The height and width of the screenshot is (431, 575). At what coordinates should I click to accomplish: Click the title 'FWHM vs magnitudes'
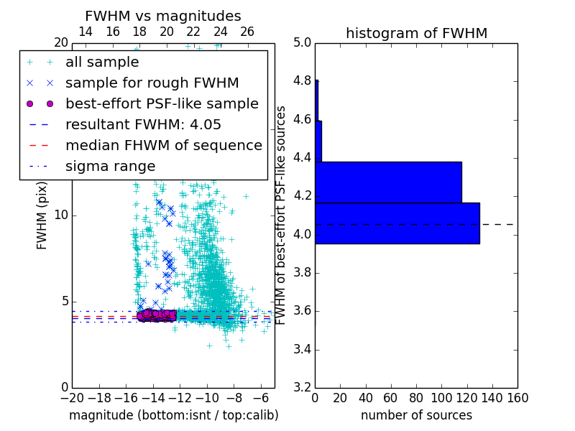[x=163, y=16]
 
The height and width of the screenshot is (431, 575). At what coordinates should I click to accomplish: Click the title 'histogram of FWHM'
[x=416, y=33]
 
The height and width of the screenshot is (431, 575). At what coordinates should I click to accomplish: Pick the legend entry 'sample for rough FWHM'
[x=152, y=83]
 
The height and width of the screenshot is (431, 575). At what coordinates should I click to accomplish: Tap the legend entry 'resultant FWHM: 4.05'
[x=143, y=125]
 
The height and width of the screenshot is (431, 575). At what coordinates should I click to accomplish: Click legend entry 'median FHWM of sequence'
[x=163, y=146]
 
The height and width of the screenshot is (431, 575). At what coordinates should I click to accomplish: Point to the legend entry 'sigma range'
[x=110, y=167]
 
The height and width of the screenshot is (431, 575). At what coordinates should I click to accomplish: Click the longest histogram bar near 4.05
[x=397, y=223]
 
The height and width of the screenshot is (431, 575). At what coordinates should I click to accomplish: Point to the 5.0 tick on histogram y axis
[x=303, y=42]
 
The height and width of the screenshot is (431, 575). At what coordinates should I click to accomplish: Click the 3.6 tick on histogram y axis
[x=303, y=311]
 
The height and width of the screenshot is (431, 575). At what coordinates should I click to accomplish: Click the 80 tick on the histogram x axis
[x=416, y=397]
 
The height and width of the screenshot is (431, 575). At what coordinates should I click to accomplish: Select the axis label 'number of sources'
[x=416, y=415]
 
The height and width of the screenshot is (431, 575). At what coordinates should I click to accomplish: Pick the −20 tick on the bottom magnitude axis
[x=72, y=397]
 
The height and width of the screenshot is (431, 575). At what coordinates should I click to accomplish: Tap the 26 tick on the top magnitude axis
[x=247, y=32]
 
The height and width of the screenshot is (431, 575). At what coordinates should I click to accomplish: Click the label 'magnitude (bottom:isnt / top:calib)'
[x=173, y=415]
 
